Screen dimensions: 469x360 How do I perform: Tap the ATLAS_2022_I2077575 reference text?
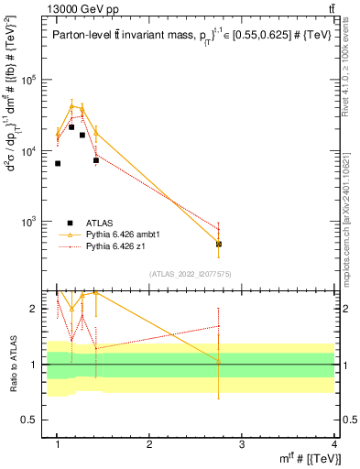click(x=191, y=274)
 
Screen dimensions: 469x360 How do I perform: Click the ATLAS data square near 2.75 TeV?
click(x=219, y=245)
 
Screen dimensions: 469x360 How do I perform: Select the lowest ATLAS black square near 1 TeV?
click(x=58, y=164)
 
